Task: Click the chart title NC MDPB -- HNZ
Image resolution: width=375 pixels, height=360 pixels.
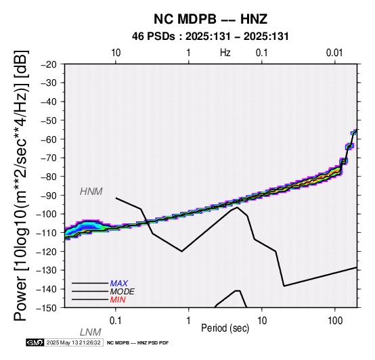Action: click(211, 19)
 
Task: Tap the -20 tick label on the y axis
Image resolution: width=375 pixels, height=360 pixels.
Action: click(49, 64)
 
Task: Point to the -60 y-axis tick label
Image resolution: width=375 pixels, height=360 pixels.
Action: click(49, 139)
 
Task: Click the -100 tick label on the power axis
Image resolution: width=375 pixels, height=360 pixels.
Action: click(47, 214)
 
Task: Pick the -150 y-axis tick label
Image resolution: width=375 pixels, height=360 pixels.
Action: click(47, 308)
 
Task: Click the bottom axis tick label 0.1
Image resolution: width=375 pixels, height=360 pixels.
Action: click(115, 321)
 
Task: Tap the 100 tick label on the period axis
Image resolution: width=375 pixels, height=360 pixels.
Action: click(335, 321)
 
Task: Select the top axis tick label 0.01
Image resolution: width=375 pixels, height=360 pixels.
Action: click(334, 53)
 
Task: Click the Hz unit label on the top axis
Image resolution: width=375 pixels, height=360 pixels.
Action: click(225, 53)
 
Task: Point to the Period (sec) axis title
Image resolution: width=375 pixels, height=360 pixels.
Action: click(225, 328)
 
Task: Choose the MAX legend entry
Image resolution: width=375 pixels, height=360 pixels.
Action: click(119, 284)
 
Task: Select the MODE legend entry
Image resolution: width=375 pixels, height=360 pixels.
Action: click(123, 292)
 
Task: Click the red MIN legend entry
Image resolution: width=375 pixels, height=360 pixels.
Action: click(118, 300)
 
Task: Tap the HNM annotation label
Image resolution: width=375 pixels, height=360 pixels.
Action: click(91, 192)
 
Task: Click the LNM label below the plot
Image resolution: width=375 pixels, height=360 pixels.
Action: click(91, 332)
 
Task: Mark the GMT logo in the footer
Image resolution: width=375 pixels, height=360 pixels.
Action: click(35, 342)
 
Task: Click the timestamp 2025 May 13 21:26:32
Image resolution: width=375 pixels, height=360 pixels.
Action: click(74, 342)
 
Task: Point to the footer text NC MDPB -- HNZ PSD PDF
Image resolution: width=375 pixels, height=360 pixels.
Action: click(138, 343)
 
